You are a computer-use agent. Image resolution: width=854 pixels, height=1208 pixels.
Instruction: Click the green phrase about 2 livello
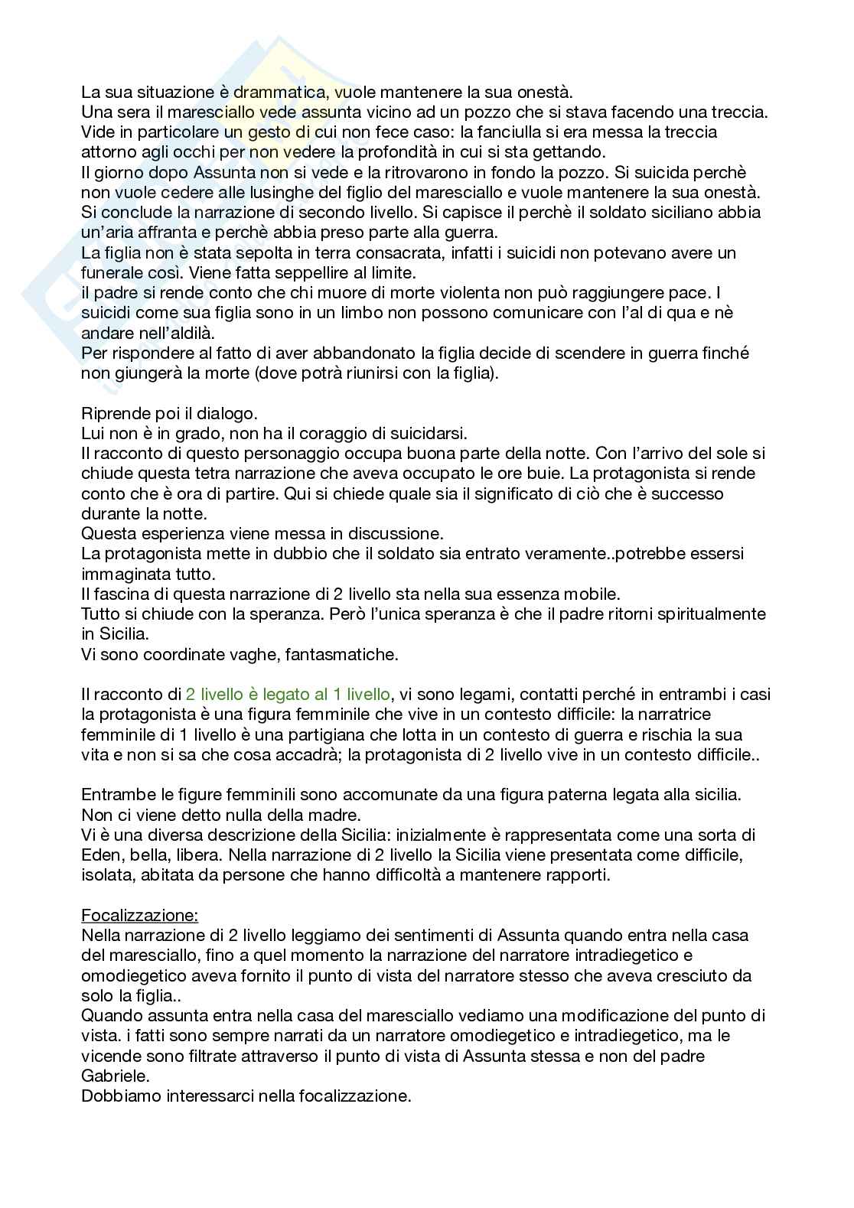[x=287, y=695]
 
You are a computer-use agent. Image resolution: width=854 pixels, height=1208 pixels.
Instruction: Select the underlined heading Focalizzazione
[x=139, y=915]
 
